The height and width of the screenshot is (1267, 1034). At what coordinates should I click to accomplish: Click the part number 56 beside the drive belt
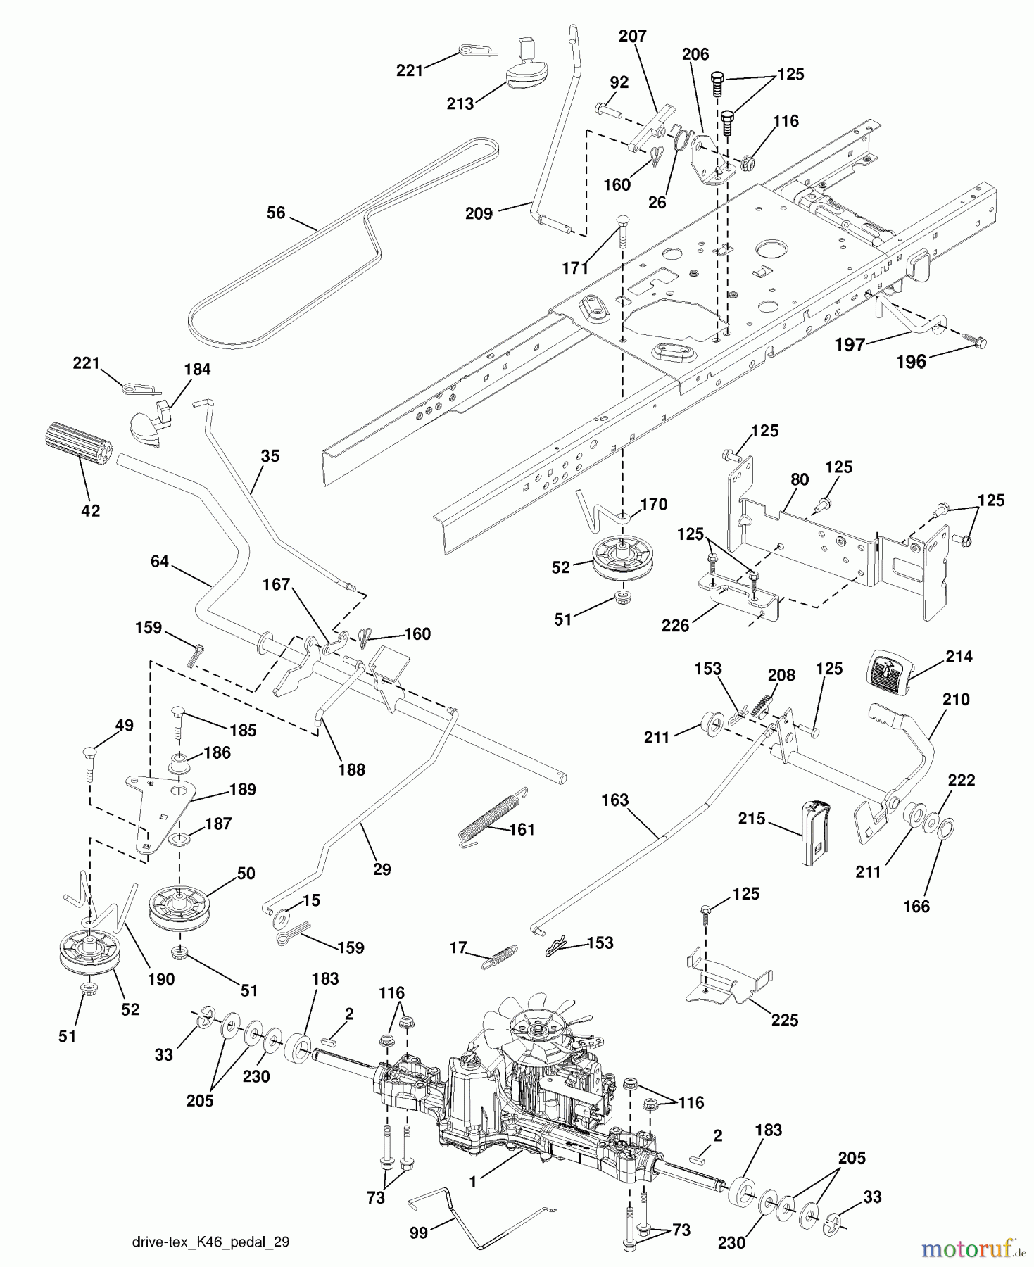point(276,212)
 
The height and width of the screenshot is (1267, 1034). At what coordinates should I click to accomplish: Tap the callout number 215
point(752,819)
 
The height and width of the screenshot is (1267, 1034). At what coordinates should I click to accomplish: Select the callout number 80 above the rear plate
point(799,479)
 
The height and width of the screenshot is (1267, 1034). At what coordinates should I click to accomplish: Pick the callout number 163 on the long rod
point(614,800)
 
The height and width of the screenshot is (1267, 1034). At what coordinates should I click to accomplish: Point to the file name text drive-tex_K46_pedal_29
point(210,1242)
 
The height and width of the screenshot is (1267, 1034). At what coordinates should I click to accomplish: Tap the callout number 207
point(632,36)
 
